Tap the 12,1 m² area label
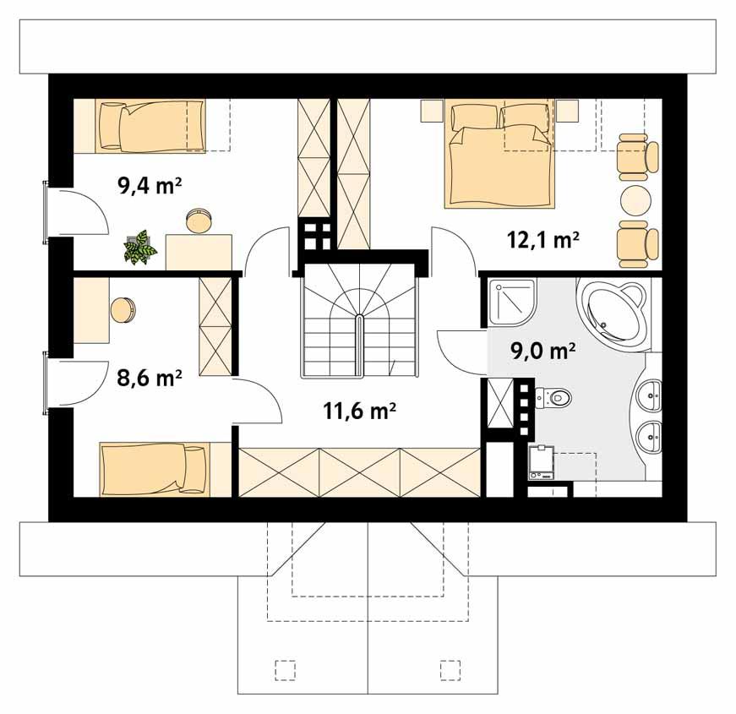click(542, 239)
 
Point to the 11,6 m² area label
click(360, 411)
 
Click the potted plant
click(139, 247)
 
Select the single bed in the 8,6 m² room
click(153, 468)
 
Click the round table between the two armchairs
click(635, 200)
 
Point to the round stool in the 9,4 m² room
click(200, 221)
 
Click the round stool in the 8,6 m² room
click(123, 309)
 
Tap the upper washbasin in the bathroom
click(650, 394)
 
